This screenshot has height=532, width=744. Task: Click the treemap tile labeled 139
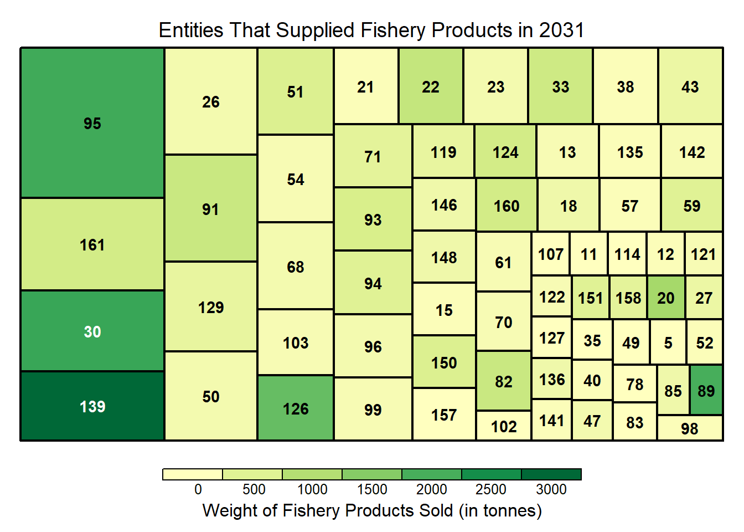coord(92,406)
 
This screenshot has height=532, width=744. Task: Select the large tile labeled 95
coord(92,123)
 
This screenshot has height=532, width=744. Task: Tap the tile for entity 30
coord(92,331)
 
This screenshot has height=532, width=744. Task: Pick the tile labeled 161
coord(92,244)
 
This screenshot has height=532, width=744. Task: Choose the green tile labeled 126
coord(296,408)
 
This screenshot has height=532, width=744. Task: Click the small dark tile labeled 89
coord(706,390)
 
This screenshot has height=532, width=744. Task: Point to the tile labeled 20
coord(666,298)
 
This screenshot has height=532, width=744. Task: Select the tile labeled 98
coord(690,428)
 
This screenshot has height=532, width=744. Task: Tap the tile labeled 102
coord(504,426)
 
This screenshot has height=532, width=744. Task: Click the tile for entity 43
coord(690,86)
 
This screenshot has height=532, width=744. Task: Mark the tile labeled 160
coord(507,206)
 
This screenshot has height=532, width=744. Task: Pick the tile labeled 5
coord(668,342)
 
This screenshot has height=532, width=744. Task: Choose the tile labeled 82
coord(504,381)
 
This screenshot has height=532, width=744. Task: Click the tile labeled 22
coord(431,86)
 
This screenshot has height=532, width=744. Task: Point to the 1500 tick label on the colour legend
coord(372,489)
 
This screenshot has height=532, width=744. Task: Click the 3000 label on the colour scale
coord(551,489)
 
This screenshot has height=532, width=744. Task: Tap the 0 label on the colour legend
coord(198,489)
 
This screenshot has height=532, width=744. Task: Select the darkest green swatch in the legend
coord(551,474)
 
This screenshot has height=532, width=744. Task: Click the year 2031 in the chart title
coord(562,30)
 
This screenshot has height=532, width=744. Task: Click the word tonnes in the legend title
coord(509,510)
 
